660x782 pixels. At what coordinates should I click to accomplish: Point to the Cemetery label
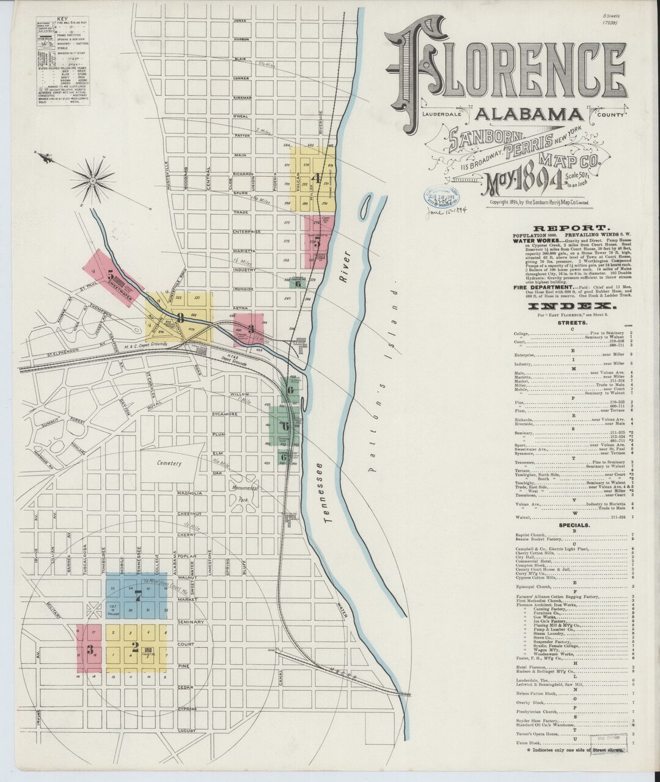point(169,463)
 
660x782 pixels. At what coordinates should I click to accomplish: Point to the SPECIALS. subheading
point(573,525)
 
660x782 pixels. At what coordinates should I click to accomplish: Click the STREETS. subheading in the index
point(573,323)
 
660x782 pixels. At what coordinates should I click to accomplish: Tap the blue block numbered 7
point(137,595)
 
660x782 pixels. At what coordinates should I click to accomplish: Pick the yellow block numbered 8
point(180,317)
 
